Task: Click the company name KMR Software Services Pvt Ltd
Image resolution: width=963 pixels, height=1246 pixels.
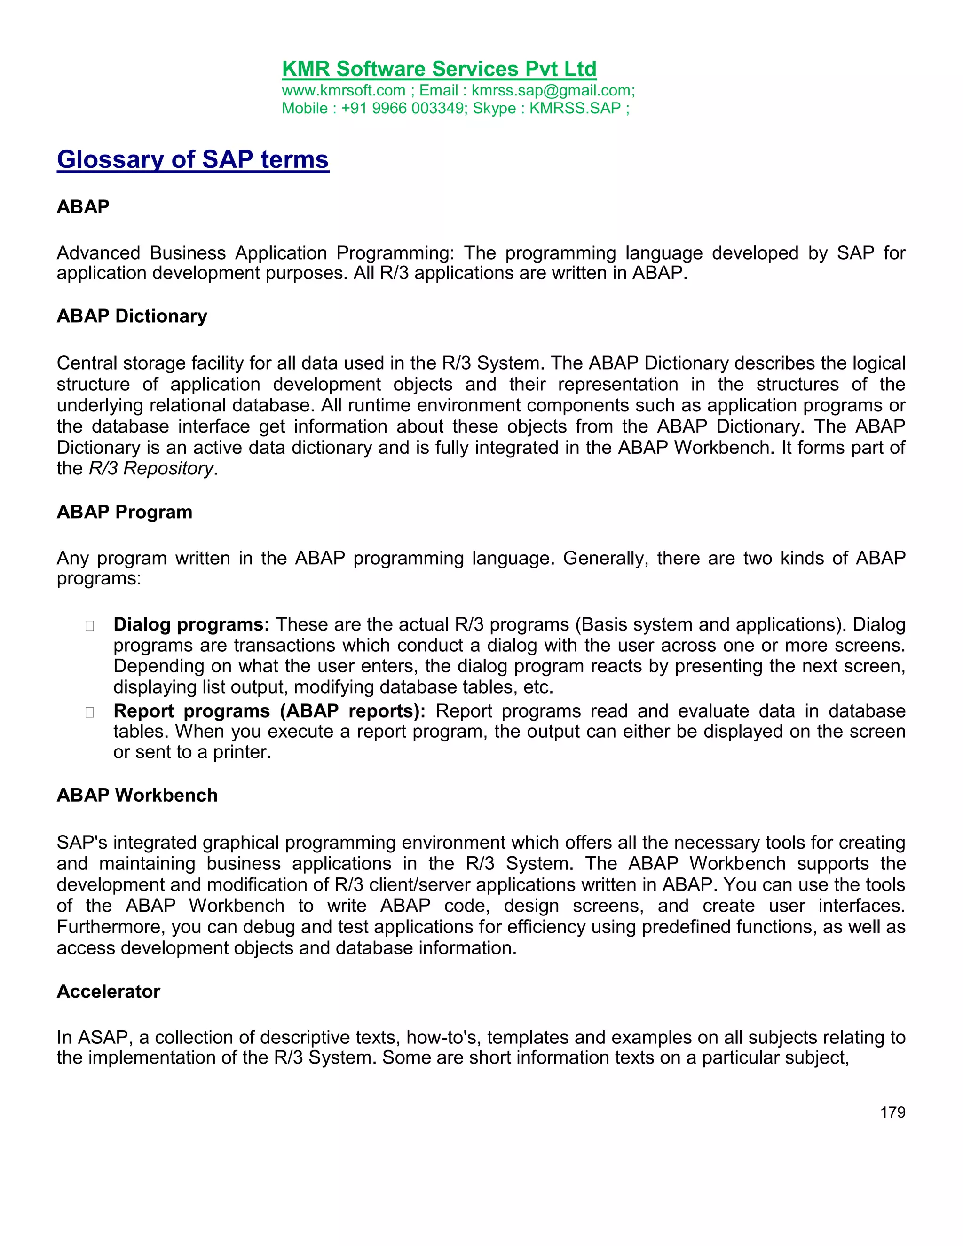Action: pos(439,69)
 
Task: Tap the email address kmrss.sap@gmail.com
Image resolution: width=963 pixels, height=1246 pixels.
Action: pos(551,91)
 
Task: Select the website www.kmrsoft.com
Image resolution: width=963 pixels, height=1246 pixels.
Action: pos(343,91)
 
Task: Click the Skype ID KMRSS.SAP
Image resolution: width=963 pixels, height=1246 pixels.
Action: pos(575,109)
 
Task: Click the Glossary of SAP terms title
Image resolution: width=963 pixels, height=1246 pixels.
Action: pos(193,159)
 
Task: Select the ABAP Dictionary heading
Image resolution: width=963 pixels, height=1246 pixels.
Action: pos(132,316)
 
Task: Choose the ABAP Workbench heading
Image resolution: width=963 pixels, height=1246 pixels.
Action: pos(137,795)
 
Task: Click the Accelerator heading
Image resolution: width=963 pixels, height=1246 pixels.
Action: pos(109,991)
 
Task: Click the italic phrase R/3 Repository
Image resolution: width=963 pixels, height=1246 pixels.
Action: pos(151,468)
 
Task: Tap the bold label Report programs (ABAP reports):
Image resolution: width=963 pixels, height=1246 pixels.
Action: pos(269,711)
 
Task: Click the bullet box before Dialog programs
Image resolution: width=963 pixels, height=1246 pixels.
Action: pos(89,626)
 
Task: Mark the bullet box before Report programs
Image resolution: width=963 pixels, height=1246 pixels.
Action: pos(89,712)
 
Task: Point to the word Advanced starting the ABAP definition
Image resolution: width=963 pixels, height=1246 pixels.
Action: pos(98,253)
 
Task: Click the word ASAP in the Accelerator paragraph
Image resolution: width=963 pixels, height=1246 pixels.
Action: pos(103,1037)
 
